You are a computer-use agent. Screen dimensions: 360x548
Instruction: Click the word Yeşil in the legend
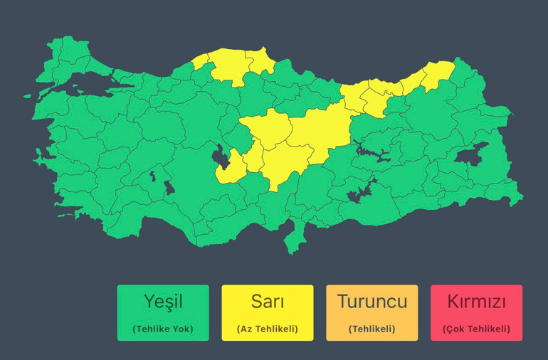click(x=163, y=302)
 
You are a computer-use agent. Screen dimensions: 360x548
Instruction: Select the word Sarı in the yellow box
click(x=267, y=302)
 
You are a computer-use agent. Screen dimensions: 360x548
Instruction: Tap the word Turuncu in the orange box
click(x=372, y=302)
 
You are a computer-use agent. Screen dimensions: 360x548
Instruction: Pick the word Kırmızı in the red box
click(x=476, y=302)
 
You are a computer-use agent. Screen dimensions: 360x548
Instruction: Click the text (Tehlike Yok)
click(x=163, y=329)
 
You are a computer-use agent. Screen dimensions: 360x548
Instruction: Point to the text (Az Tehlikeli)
click(x=267, y=329)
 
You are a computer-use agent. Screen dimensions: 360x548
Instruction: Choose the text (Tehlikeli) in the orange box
click(x=372, y=329)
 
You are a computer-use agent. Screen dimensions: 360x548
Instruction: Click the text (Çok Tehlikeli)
click(x=476, y=329)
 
